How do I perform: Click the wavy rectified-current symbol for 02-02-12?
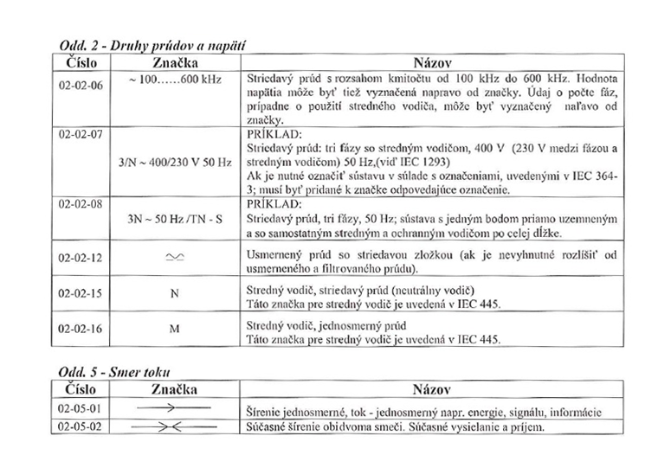pyautogui.click(x=174, y=257)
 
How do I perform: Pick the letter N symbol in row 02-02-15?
pyautogui.click(x=174, y=293)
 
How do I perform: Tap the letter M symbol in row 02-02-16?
pyautogui.click(x=174, y=330)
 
